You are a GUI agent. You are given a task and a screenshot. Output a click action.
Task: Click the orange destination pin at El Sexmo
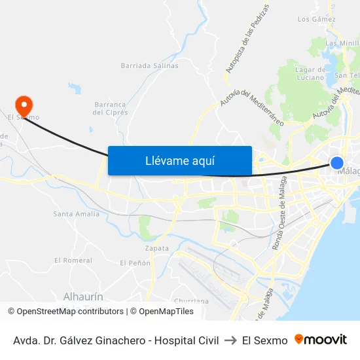[x=24, y=105]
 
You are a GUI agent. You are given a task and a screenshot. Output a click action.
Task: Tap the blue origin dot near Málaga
[x=336, y=162]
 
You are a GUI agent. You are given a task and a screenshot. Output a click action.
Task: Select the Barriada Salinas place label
[x=149, y=65]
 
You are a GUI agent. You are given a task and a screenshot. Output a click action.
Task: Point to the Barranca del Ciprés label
[x=109, y=108]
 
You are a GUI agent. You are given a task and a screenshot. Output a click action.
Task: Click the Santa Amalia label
[x=77, y=213]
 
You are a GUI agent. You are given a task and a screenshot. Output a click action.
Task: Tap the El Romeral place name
[x=73, y=260]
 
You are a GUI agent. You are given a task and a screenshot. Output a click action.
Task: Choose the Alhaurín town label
[x=83, y=296]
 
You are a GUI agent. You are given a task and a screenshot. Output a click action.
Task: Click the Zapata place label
[x=157, y=248]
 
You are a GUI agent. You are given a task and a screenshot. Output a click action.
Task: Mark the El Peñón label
[x=135, y=262]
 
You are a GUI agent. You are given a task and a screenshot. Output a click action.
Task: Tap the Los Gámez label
[x=316, y=20]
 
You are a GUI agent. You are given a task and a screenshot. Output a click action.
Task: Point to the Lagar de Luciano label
[x=311, y=73]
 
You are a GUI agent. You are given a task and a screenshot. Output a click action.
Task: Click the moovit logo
[x=321, y=340]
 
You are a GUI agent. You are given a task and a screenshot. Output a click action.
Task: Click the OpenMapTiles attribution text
[x=163, y=312]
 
